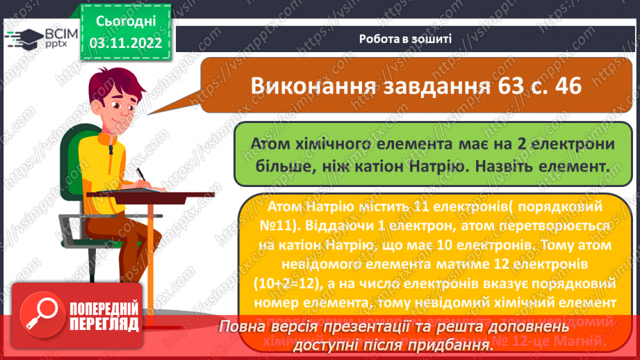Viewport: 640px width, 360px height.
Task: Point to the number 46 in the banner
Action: point(564,86)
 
